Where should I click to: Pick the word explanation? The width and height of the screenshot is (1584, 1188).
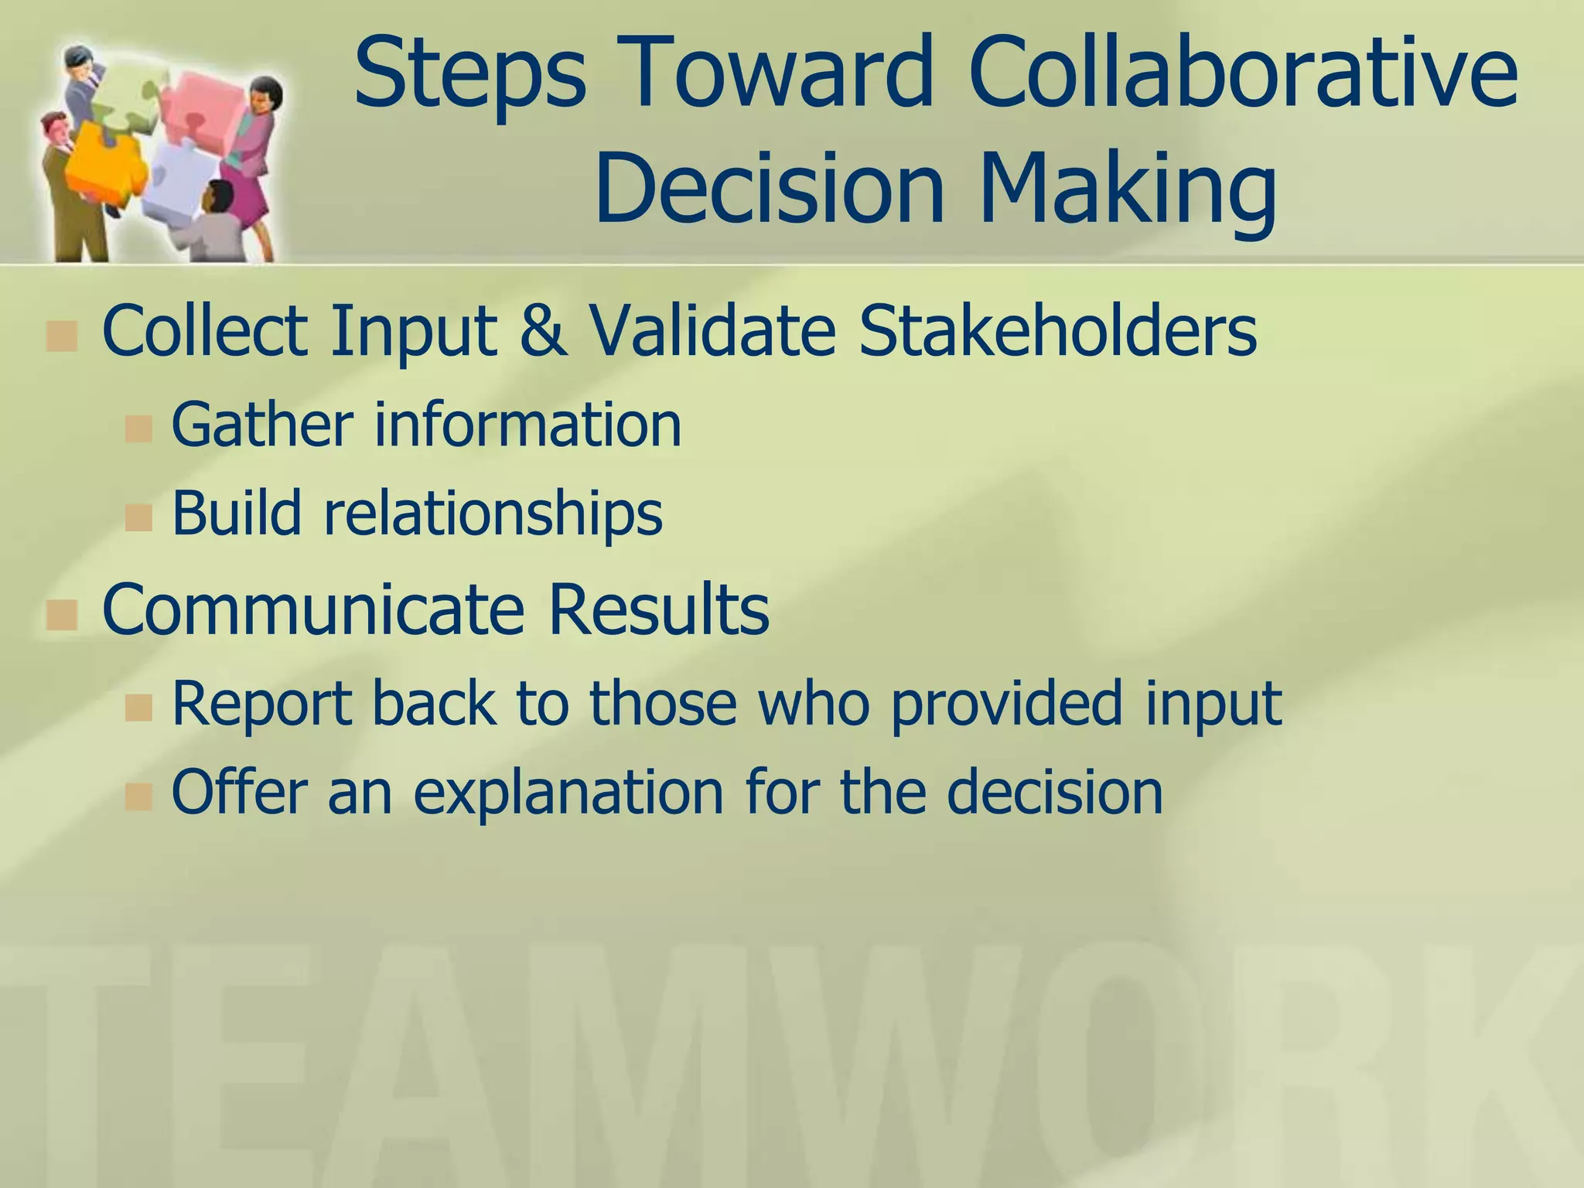(568, 792)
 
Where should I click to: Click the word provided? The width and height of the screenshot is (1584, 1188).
(1005, 703)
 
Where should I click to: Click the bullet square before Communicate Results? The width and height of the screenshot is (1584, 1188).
(61, 616)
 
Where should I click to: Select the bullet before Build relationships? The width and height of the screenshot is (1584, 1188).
(138, 517)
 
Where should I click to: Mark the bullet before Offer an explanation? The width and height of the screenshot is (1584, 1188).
(138, 797)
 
